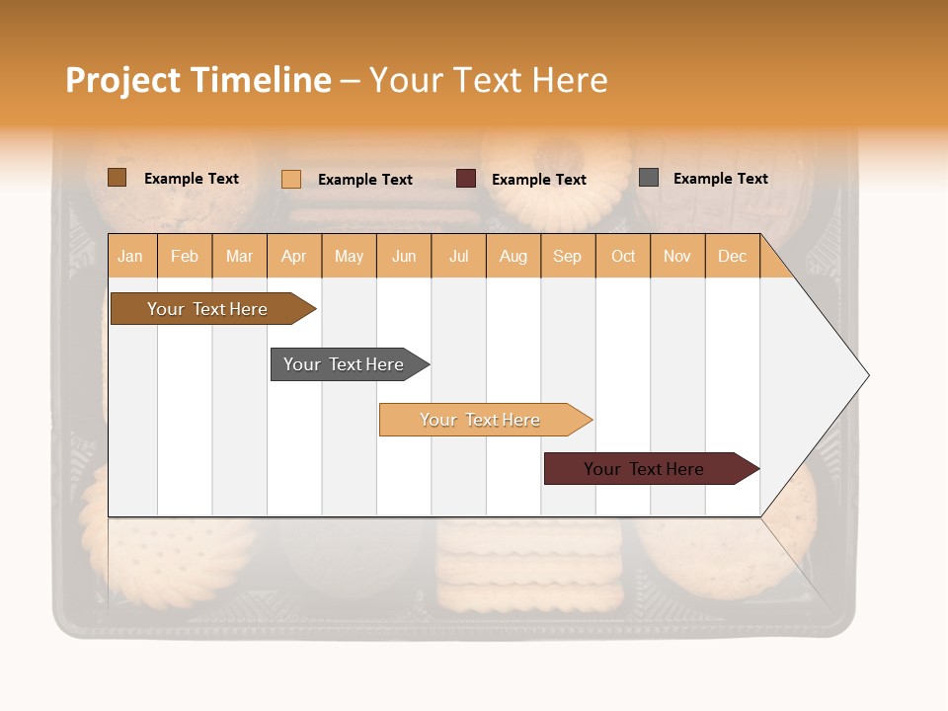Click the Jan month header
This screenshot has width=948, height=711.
point(131,256)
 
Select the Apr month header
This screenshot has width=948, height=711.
point(294,256)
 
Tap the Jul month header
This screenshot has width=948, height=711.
point(458,256)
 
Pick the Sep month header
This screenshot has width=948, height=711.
point(567,256)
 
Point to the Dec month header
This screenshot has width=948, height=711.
point(732,256)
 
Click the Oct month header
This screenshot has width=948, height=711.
point(623,256)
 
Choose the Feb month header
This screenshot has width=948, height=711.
point(185,256)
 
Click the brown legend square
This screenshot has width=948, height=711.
point(117,178)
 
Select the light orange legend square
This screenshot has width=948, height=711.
point(290,179)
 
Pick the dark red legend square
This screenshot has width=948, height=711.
point(466,179)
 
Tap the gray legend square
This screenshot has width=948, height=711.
point(649,178)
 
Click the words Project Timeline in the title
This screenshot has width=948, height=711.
point(197,80)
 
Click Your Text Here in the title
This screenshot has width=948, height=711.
point(488,80)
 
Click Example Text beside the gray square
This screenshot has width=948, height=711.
point(720,179)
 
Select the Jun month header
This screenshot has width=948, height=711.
point(404,256)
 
